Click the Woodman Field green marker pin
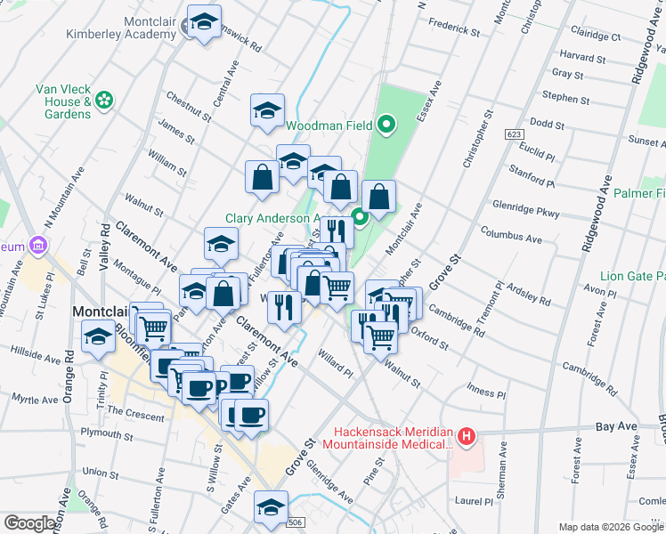[386, 125]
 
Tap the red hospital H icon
[466, 436]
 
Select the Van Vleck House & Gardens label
[63, 101]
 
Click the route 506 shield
[296, 522]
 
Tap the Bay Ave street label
[617, 427]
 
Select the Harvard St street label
[583, 58]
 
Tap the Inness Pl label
[486, 392]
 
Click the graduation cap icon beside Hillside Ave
[97, 336]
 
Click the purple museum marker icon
[37, 244]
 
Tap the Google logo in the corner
[30, 523]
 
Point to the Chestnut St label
[189, 105]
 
